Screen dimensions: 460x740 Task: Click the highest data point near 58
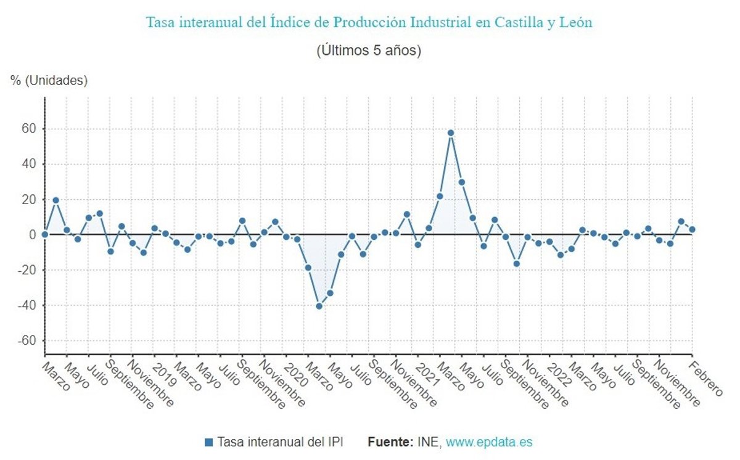click(x=451, y=133)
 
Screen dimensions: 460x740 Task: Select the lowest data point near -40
click(x=319, y=306)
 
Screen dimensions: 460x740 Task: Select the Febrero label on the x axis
click(x=705, y=380)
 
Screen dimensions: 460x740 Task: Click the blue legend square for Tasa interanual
click(x=208, y=442)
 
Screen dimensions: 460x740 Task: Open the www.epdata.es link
click(x=489, y=442)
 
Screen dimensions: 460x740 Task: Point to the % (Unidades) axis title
click(x=49, y=80)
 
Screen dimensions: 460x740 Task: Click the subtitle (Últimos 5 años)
click(x=369, y=51)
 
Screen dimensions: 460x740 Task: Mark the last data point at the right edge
click(x=692, y=229)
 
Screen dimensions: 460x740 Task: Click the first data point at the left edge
click(x=45, y=234)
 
